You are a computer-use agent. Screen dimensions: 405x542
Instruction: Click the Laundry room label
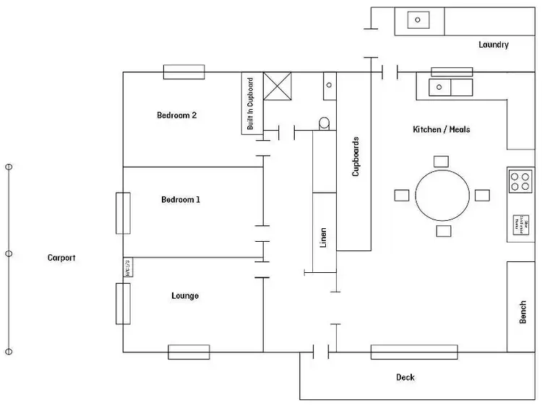pyautogui.click(x=494, y=45)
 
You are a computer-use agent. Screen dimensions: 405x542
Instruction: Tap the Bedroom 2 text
pyautogui.click(x=177, y=115)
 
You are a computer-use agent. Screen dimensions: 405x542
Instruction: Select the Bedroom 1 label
pyautogui.click(x=180, y=200)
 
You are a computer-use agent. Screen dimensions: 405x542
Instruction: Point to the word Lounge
pyautogui.click(x=185, y=296)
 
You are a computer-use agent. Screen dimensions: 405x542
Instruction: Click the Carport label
pyautogui.click(x=61, y=258)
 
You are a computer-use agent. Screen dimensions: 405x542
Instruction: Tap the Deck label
pyautogui.click(x=405, y=378)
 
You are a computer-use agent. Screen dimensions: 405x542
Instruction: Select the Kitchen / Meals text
pyautogui.click(x=441, y=130)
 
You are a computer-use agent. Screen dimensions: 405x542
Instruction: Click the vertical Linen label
pyautogui.click(x=324, y=237)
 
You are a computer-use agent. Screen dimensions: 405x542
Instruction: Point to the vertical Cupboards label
pyautogui.click(x=356, y=157)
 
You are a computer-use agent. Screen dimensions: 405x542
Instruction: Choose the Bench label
pyautogui.click(x=523, y=312)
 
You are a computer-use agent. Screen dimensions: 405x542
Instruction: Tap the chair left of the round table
pyautogui.click(x=402, y=195)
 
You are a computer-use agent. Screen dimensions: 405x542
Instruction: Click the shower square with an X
pyautogui.click(x=277, y=85)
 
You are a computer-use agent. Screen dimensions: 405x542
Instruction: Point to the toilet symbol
pyautogui.click(x=324, y=123)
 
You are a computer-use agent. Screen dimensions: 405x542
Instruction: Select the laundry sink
pyautogui.click(x=418, y=19)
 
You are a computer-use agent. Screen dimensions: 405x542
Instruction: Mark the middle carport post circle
pyautogui.click(x=9, y=254)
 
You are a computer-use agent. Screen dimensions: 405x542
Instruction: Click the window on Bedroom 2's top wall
pyautogui.click(x=184, y=72)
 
